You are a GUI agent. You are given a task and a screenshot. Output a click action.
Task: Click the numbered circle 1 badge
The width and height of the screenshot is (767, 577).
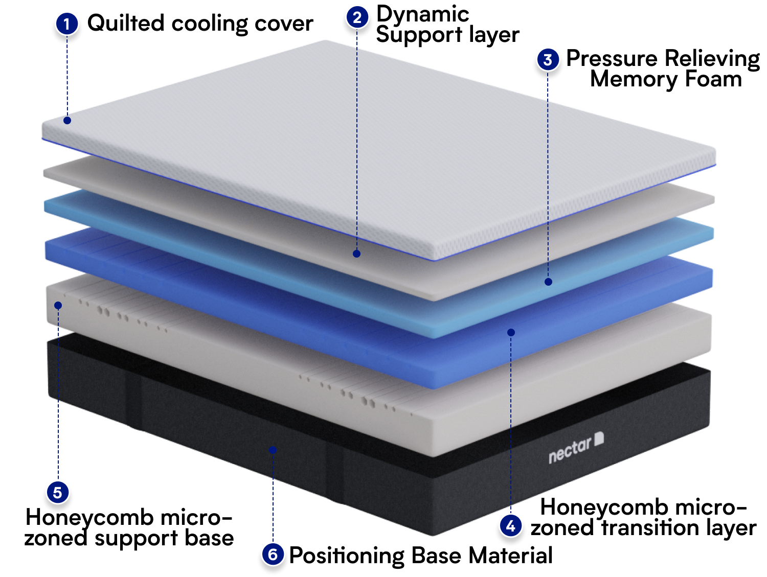point(67,24)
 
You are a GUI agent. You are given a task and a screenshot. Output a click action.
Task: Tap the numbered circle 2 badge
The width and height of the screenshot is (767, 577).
point(357,17)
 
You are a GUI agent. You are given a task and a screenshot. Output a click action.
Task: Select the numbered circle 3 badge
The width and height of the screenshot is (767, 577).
point(548,59)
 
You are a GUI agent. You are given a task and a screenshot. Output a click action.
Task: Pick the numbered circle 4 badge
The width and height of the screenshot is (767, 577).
point(510,526)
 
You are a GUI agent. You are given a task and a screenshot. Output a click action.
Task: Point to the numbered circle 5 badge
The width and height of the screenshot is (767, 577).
point(58,493)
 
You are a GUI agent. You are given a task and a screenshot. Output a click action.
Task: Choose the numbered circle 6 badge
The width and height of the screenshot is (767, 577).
point(273,555)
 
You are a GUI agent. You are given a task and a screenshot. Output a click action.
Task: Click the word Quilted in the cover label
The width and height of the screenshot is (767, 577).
point(126,23)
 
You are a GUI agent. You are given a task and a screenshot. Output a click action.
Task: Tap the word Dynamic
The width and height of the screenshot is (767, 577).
point(423,15)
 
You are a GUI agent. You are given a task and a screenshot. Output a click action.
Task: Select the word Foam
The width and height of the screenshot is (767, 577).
point(713,79)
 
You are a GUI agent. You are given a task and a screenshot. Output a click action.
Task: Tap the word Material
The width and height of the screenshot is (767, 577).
point(510,555)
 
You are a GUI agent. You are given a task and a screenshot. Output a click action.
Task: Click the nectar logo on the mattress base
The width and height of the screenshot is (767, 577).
point(576,448)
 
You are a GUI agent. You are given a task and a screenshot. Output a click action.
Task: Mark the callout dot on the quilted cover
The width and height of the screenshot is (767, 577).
point(67,121)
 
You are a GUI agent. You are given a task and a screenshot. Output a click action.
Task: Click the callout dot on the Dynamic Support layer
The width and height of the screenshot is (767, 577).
point(356,254)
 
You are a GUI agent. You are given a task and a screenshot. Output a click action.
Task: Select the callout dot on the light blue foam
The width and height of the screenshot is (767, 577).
point(548,282)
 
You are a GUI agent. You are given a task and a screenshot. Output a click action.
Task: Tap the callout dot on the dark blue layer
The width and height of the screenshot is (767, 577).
point(511,332)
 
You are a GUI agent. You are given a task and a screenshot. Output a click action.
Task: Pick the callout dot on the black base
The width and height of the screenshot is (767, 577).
point(273,450)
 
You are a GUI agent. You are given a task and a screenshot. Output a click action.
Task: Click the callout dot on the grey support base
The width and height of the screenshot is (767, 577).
point(58,306)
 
